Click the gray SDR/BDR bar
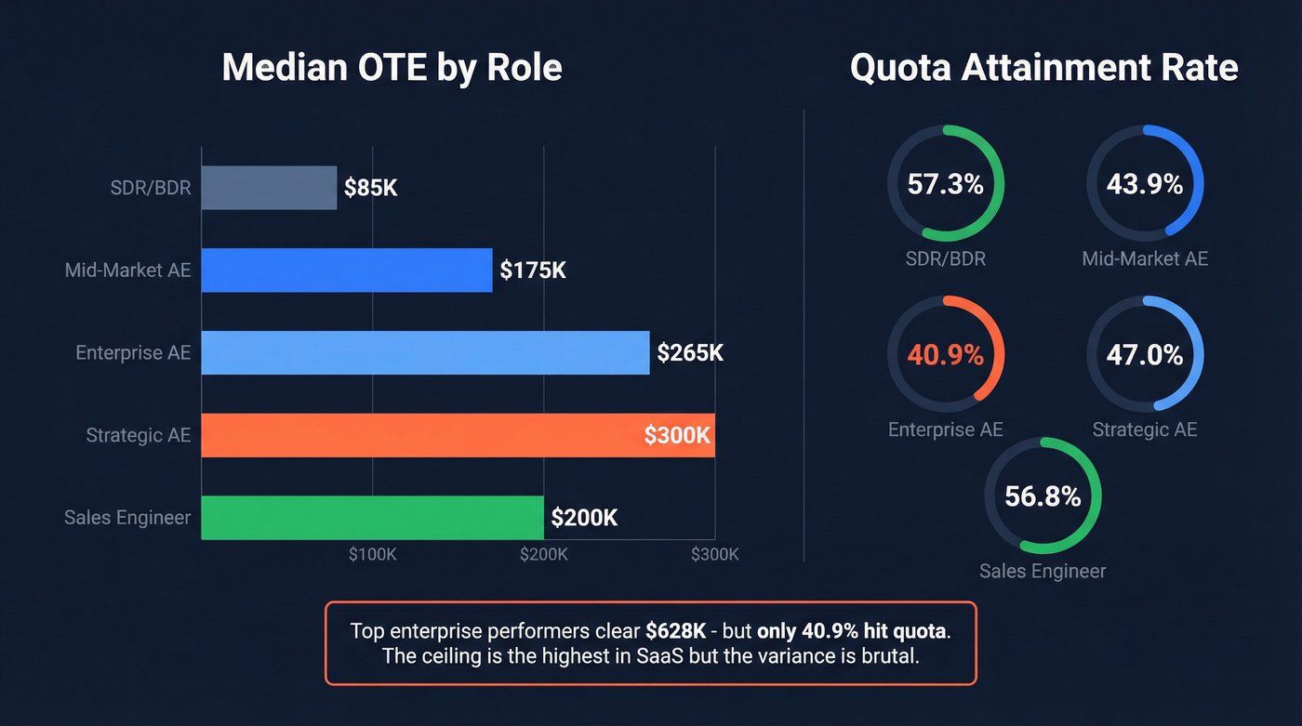pyautogui.click(x=269, y=188)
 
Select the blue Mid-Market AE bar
pyautogui.click(x=346, y=270)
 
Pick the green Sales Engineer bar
pyautogui.click(x=372, y=517)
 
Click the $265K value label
pyautogui.click(x=690, y=352)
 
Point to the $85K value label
pyautogui.click(x=370, y=188)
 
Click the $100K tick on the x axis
pyautogui.click(x=373, y=554)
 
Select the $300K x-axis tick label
pyautogui.click(x=714, y=554)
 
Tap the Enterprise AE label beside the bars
pyautogui.click(x=133, y=352)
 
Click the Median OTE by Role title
pyautogui.click(x=392, y=68)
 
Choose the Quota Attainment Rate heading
pyautogui.click(x=1043, y=68)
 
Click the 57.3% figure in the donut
pyautogui.click(x=945, y=184)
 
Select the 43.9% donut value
pyautogui.click(x=1144, y=184)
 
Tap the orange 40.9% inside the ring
pyautogui.click(x=945, y=354)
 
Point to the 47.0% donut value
pyautogui.click(x=1144, y=354)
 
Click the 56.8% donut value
pyautogui.click(x=1043, y=495)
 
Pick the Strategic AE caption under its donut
pyautogui.click(x=1144, y=429)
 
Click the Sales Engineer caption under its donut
pyautogui.click(x=1043, y=571)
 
